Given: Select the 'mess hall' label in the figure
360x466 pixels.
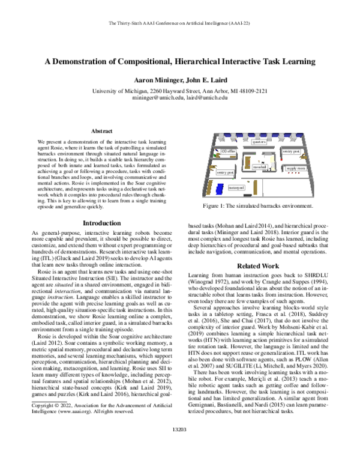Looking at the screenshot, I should (x=260, y=166).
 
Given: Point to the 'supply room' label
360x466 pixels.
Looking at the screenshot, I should (x=296, y=169).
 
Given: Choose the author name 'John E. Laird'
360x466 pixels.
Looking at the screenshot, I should (x=205, y=80).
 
